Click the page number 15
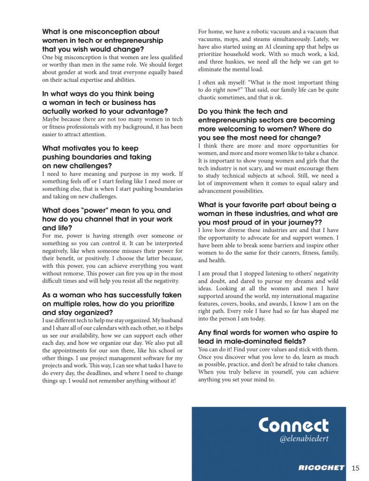(x=355, y=468)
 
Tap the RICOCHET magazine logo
(x=322, y=468)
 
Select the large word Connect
(x=293, y=426)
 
